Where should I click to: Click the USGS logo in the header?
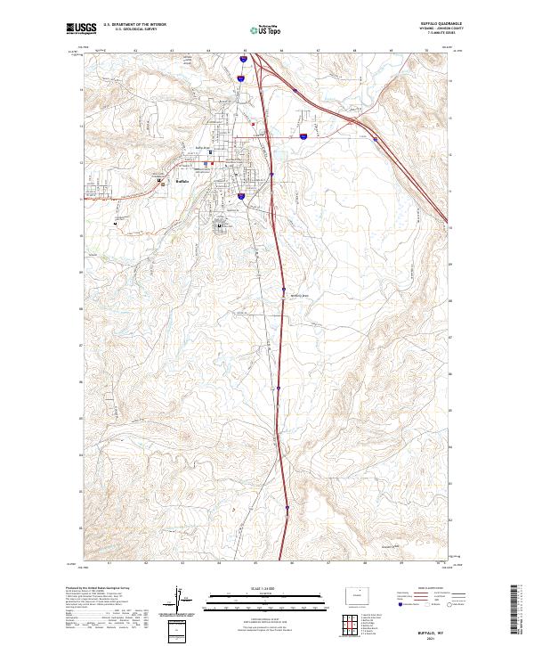[81, 29]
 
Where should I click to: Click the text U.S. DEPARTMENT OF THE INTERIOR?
[134, 25]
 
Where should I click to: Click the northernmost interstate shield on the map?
[241, 61]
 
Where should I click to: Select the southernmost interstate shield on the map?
[288, 509]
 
